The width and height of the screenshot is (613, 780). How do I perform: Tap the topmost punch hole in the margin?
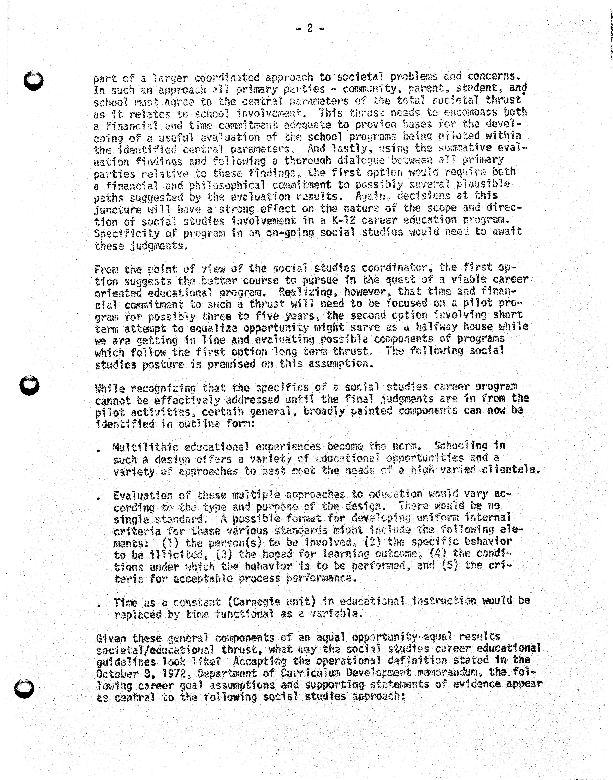coord(33,81)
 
